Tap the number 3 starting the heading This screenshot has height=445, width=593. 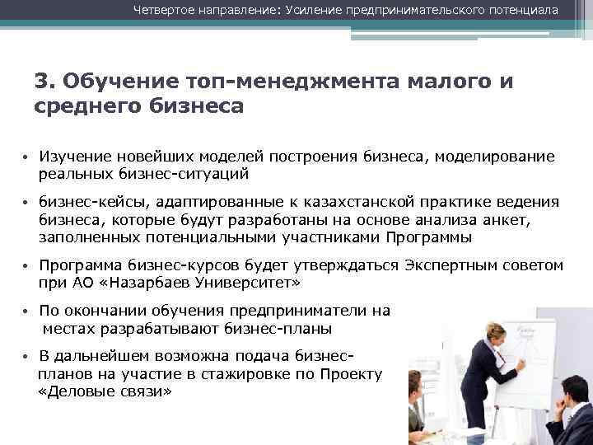(x=41, y=82)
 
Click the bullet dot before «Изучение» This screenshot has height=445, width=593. (x=27, y=157)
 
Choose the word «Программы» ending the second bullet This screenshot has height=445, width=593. (x=427, y=237)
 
